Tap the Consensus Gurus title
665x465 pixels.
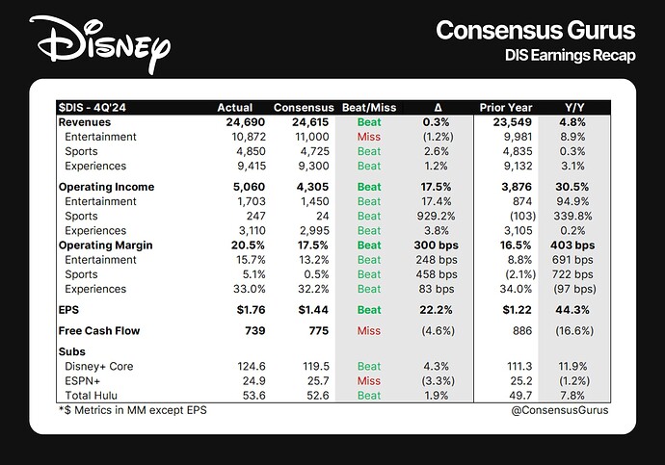(536, 30)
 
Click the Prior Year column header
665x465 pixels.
(507, 107)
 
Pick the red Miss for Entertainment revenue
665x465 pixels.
(368, 137)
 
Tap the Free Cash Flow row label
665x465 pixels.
(99, 331)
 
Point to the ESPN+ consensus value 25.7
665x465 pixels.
(314, 380)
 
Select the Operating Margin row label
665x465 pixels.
(104, 245)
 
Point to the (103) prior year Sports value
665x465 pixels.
(514, 217)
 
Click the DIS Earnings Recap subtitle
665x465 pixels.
(571, 56)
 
